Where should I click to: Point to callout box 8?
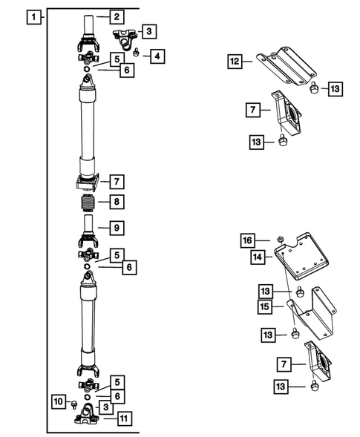pos(116,201)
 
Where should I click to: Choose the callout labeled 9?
pos(116,227)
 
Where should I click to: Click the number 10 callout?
pos(59,401)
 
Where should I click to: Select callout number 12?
pos(235,62)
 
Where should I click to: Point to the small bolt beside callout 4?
pos(138,52)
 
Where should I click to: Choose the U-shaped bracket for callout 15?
pos(315,315)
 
